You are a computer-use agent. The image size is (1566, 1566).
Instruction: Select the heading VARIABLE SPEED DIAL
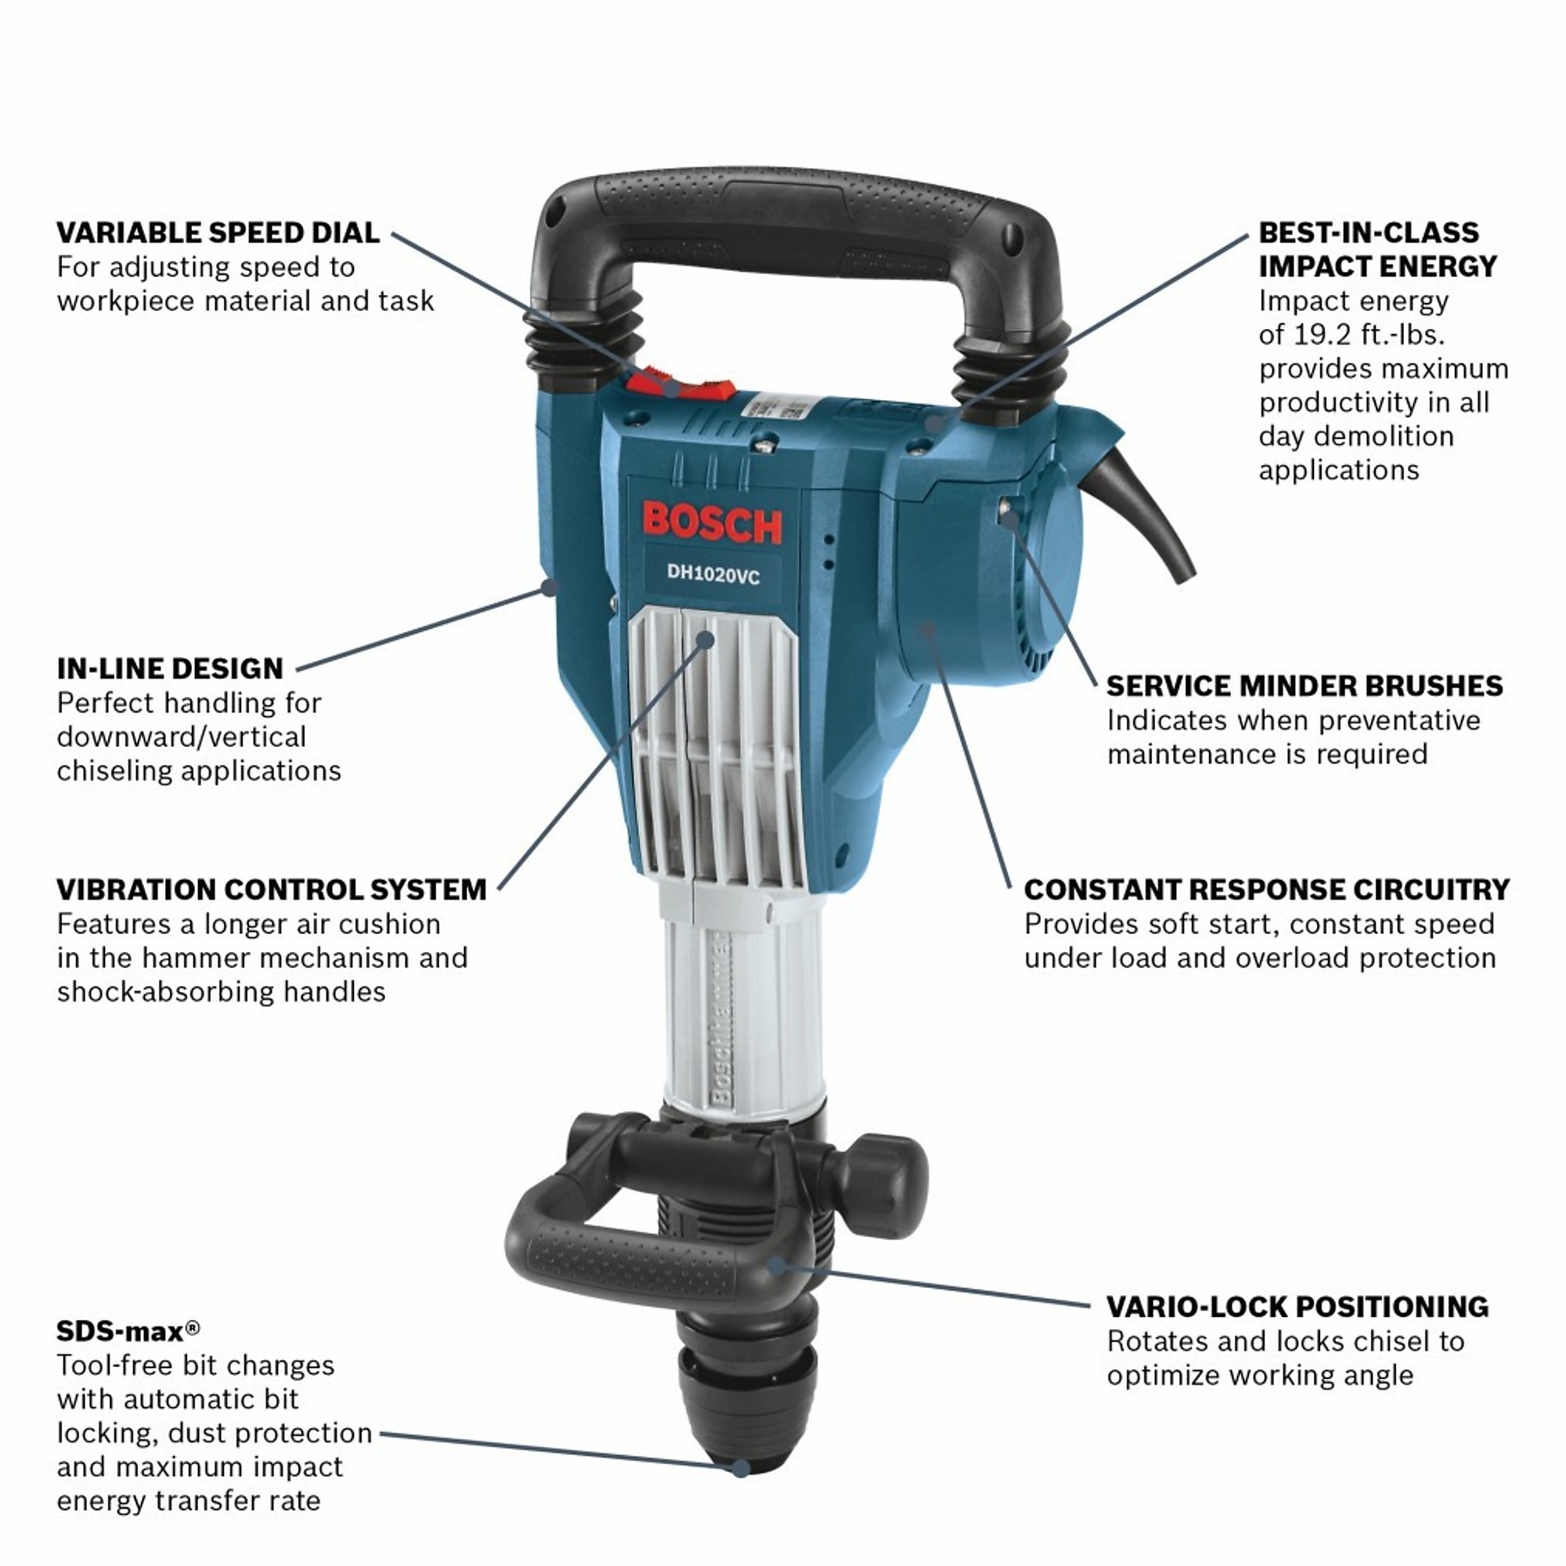tap(218, 233)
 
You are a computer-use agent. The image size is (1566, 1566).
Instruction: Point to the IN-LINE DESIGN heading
tap(170, 669)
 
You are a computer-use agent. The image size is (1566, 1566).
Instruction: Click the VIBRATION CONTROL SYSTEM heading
tap(272, 889)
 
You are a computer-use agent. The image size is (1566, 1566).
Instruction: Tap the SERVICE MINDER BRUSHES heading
tap(1304, 686)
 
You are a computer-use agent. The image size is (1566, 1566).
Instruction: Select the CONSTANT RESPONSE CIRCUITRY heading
tap(1266, 889)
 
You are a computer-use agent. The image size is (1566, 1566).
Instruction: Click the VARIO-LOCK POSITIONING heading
tap(1297, 1307)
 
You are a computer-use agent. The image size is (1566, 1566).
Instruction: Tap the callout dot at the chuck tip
tap(740, 1467)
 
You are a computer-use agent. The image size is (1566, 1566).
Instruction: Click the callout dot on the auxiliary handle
tap(776, 1265)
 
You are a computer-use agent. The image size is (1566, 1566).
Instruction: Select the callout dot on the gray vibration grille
tap(705, 640)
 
